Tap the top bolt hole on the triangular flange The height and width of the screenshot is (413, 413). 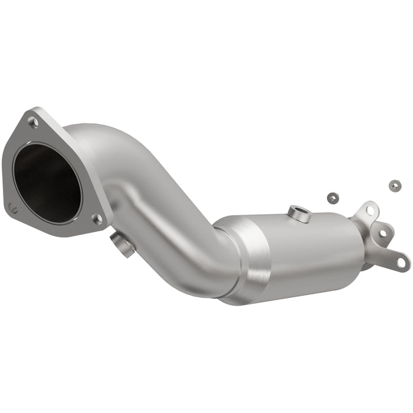[33, 123]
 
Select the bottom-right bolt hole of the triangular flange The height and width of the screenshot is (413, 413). [97, 219]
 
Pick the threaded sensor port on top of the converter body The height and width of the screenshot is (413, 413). [299, 214]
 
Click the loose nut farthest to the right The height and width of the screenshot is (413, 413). [394, 185]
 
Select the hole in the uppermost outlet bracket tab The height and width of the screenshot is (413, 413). [370, 210]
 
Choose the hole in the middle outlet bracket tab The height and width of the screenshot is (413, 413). [382, 233]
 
